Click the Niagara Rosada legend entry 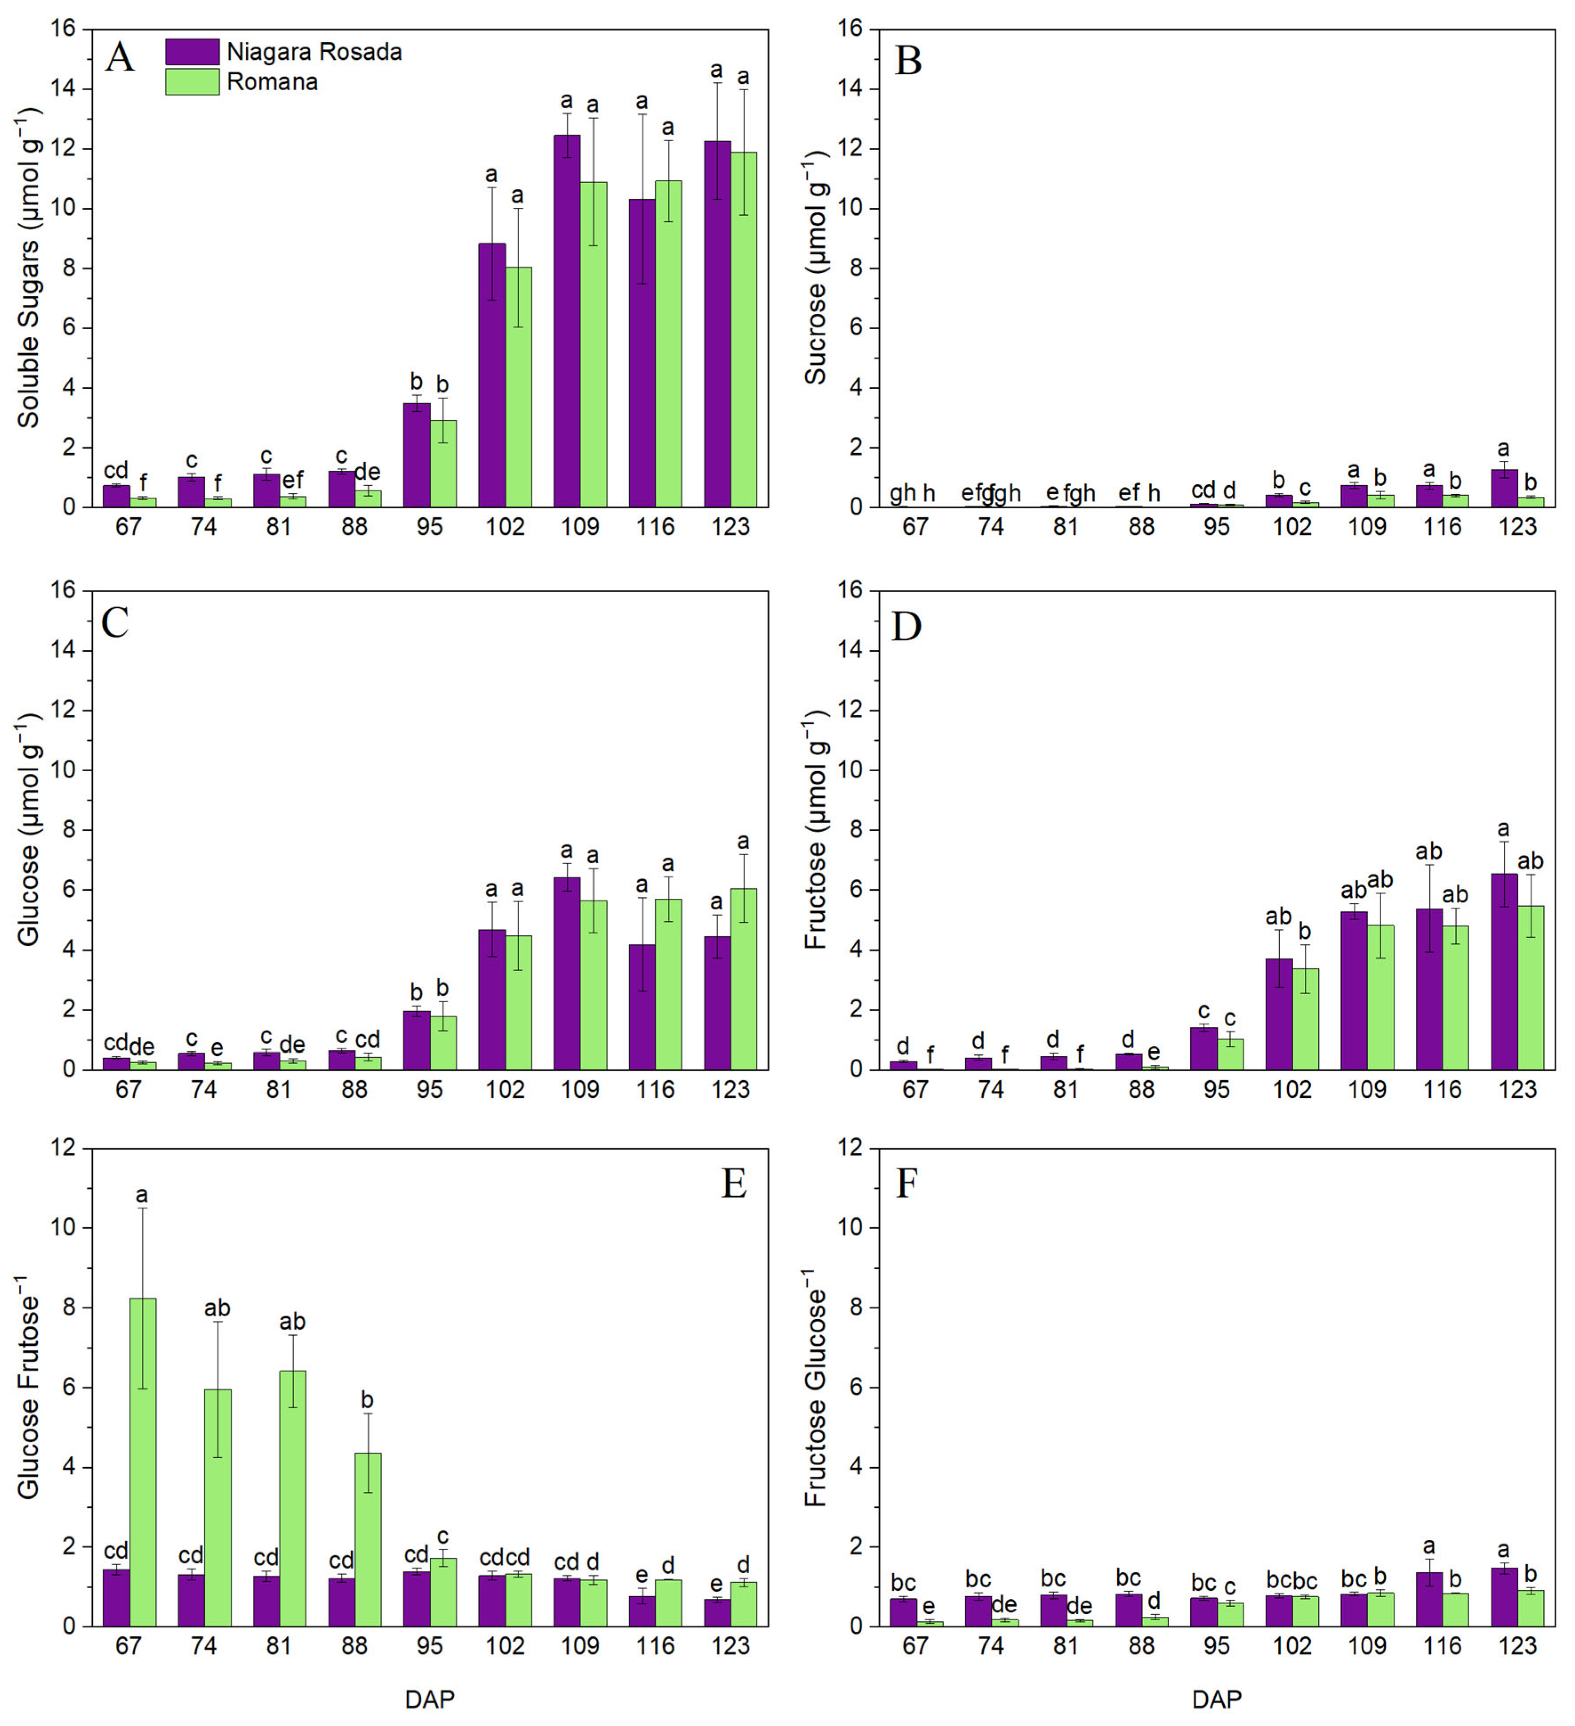[283, 52]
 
